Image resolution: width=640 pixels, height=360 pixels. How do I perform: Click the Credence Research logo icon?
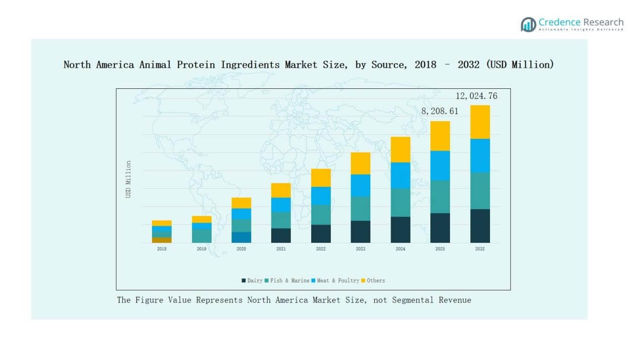[x=528, y=24]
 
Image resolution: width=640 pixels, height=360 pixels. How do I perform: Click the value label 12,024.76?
[x=476, y=96]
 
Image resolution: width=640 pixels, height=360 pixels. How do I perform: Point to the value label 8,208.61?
[x=439, y=111]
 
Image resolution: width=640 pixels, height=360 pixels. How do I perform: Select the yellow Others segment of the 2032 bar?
[x=480, y=122]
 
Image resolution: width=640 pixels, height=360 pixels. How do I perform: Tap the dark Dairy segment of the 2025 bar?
[x=440, y=228]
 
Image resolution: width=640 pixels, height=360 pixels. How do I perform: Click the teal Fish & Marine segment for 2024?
[x=401, y=202]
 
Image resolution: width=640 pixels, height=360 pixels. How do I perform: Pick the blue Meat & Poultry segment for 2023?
[x=361, y=185]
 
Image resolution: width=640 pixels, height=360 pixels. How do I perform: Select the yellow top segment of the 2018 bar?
[x=162, y=223]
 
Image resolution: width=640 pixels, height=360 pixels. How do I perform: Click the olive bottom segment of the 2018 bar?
[x=162, y=240]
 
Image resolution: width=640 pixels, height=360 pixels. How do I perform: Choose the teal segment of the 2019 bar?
[x=202, y=236]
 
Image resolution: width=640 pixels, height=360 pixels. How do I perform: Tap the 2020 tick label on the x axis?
[x=241, y=249]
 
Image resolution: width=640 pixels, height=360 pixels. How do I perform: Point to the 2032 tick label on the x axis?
[x=480, y=249]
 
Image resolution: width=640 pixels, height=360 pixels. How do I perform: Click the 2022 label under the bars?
[x=321, y=249]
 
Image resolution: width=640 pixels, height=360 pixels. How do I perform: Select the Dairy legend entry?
[x=252, y=280]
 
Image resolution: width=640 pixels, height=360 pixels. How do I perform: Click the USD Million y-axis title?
[x=128, y=179]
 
